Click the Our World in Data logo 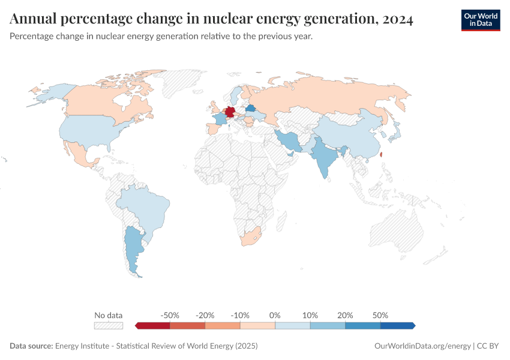point(481,20)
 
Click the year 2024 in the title point(397,19)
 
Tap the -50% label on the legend point(170,315)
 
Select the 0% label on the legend point(275,315)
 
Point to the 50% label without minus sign point(380,315)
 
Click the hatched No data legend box point(108,326)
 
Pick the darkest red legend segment point(153,326)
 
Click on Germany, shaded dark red point(229,113)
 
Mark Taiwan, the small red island point(382,154)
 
